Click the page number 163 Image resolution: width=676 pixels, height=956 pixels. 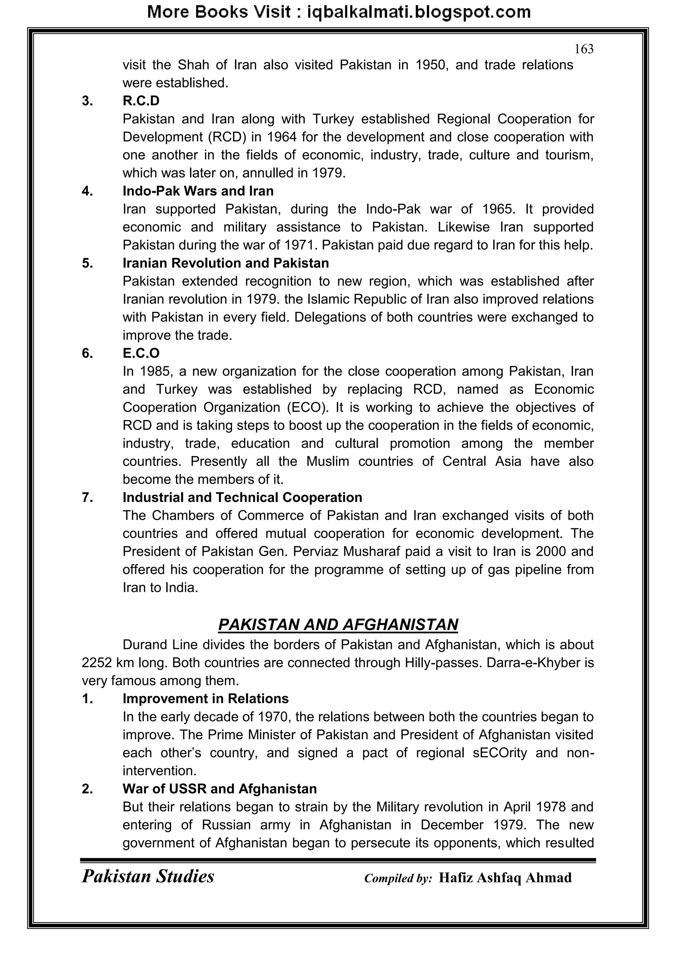click(584, 50)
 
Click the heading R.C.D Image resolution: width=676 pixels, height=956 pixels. click(141, 101)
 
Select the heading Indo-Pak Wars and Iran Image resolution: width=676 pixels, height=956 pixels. click(198, 191)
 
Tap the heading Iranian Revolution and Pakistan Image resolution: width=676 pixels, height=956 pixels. click(226, 263)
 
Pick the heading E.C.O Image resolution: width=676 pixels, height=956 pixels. click(141, 353)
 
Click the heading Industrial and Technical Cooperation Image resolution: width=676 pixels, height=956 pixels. click(242, 498)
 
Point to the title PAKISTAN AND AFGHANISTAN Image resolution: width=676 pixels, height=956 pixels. click(338, 624)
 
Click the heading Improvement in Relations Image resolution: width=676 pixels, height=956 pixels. click(206, 699)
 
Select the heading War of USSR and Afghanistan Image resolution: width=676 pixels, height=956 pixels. click(220, 789)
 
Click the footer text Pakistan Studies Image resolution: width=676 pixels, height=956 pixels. click(148, 876)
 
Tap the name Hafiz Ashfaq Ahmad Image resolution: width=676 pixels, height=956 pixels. click(505, 878)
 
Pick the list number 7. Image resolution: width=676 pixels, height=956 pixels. click(87, 498)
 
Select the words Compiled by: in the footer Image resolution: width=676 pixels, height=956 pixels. click(398, 878)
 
